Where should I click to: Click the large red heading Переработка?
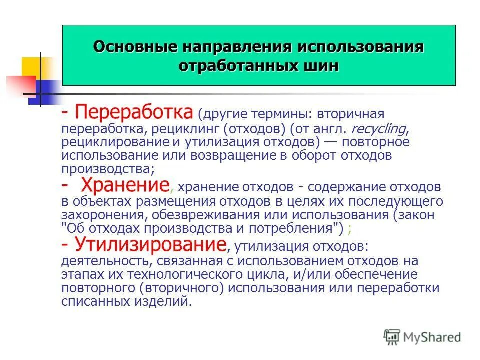[x=134, y=112]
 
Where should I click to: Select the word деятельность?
[x=105, y=261]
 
